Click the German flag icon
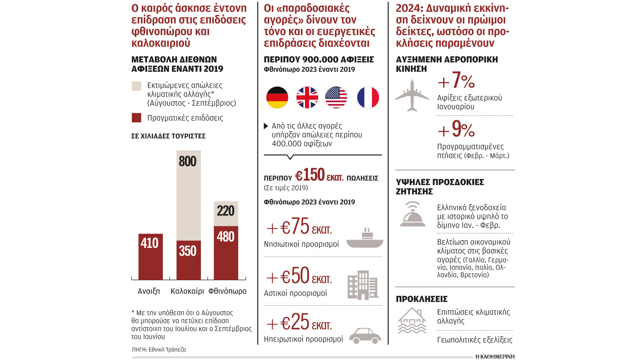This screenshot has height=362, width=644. tap(277, 98)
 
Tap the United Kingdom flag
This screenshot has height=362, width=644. tap(307, 98)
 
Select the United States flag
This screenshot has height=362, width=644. tap(336, 98)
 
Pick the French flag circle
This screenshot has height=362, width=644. tap(368, 98)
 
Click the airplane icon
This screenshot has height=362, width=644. tap(412, 96)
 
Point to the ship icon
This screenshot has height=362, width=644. tap(365, 238)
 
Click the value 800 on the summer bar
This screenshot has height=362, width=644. tap(187, 162)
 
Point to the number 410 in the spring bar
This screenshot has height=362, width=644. tap(150, 243)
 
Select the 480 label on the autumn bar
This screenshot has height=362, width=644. tap(225, 237)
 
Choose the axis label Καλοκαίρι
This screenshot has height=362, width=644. tap(187, 291)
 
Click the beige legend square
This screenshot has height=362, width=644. tap(137, 86)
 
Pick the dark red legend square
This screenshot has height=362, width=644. tap(137, 118)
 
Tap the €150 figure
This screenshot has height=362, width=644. tap(310, 175)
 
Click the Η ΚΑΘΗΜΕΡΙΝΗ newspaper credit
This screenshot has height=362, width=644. tap(495, 356)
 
